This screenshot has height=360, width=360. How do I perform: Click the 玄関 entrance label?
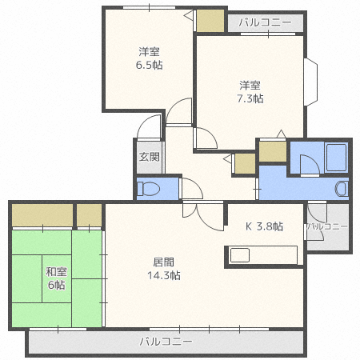(150, 157)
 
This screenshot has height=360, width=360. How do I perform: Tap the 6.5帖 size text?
(150, 65)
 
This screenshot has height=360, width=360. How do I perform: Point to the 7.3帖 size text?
(250, 98)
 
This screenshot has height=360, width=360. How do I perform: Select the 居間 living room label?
(164, 262)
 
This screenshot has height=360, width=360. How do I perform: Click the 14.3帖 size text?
(164, 275)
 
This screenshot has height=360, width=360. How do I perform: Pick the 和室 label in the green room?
(56, 272)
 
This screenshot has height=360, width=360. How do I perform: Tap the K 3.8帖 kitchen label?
(264, 226)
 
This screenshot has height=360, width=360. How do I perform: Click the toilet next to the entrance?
(148, 189)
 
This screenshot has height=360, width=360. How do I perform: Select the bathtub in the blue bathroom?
(336, 158)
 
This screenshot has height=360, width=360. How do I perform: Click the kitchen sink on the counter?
(240, 255)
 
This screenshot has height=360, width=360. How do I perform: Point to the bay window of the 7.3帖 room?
(311, 82)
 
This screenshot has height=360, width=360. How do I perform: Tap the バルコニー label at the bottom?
(166, 342)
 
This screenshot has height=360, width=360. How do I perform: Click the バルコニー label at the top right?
(265, 22)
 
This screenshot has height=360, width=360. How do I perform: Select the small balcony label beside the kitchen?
(328, 226)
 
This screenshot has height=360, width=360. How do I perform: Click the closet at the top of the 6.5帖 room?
(210, 21)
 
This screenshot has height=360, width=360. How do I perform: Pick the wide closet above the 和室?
(42, 215)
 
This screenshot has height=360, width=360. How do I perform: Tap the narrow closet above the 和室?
(90, 215)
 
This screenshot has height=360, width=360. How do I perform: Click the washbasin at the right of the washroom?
(342, 189)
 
